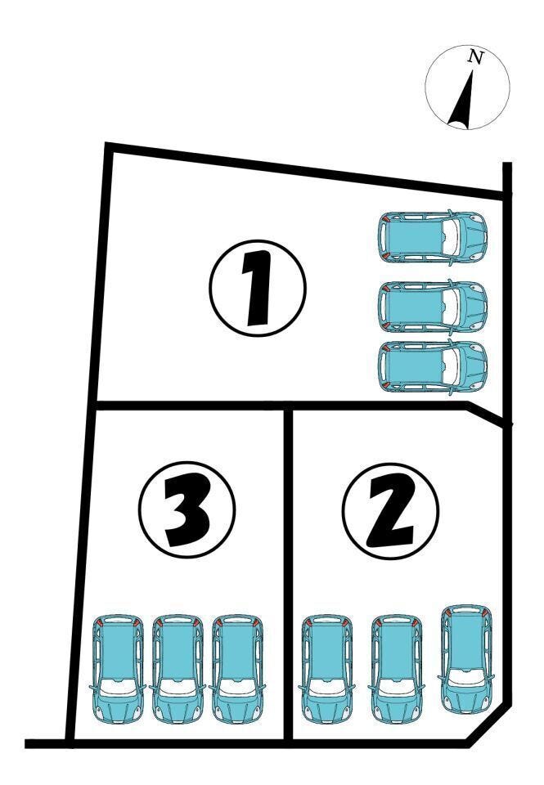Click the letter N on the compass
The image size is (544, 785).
pos(475,56)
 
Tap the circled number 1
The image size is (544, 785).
pos(258,288)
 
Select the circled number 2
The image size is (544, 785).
pos(391,510)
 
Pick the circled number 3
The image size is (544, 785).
pos(187,509)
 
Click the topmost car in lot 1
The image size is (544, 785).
pos(432,236)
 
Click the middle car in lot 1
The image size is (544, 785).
pos(432,307)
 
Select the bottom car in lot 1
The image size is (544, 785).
pos(432,366)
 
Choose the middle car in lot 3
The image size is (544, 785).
pos(178,670)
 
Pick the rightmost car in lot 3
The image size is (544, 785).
pos(237,670)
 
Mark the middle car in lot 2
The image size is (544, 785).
pos(396,670)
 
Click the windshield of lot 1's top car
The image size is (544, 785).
pos(451,236)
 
